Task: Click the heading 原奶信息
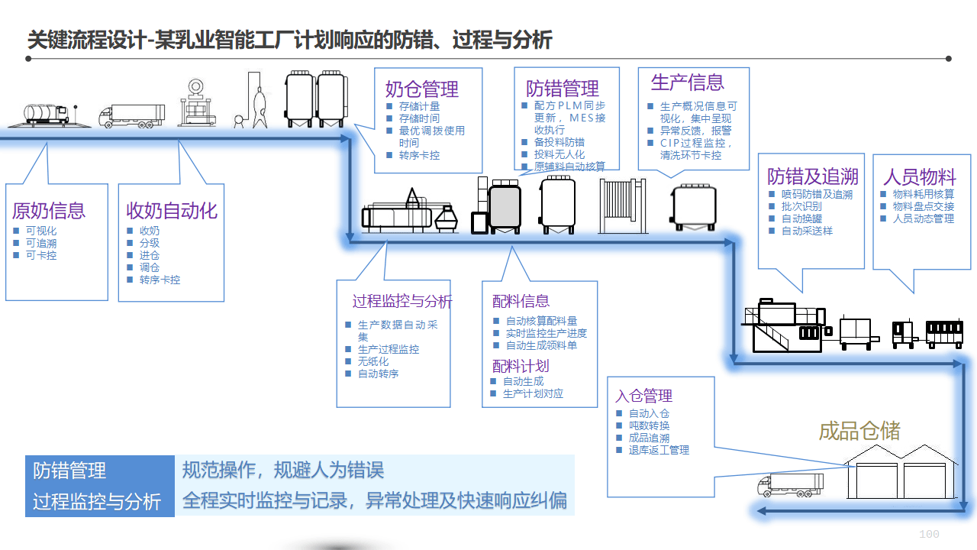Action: point(49,211)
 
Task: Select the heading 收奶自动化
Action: point(172,211)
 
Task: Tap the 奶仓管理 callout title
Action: point(421,89)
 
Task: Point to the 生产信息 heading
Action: point(687,82)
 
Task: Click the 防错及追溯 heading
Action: point(813,176)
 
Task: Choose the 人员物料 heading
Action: point(920,176)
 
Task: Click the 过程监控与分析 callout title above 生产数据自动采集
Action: point(401,302)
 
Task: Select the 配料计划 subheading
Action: point(521,366)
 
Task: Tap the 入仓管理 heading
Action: point(643,396)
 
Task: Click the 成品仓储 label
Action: point(859,431)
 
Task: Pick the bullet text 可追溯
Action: point(41,243)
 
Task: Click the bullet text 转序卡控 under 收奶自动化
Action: point(160,280)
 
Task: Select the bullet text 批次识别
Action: point(801,206)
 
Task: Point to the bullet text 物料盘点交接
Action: point(924,206)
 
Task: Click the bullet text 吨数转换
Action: point(649,425)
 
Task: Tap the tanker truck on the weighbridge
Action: point(46,115)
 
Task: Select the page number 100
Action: point(929,534)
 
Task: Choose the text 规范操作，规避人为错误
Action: point(282,470)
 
